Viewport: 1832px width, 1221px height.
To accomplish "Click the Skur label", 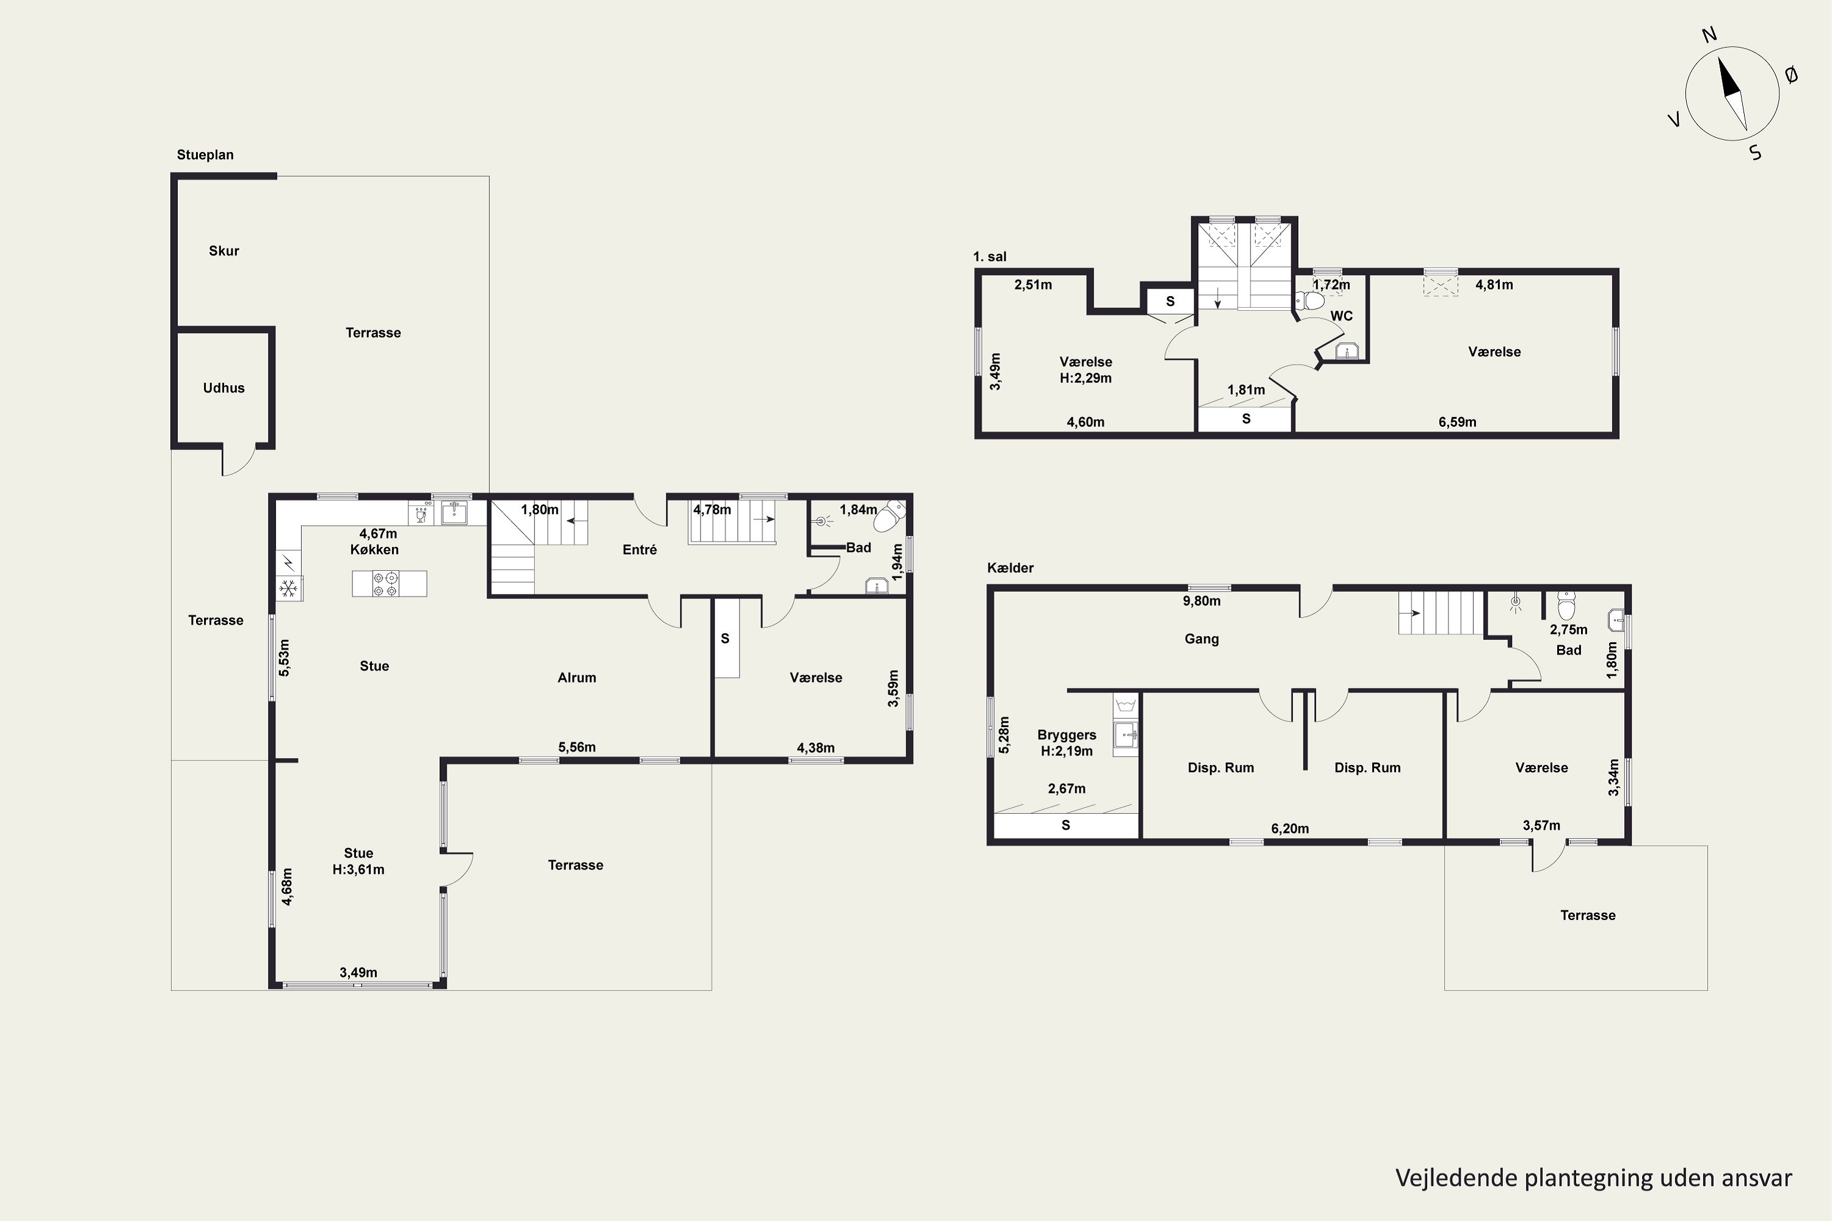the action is (x=224, y=251).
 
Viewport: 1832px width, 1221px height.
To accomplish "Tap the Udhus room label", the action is (x=224, y=388).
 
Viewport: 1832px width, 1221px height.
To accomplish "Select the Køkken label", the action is (x=375, y=550).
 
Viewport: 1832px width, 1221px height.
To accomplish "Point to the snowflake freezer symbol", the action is (x=289, y=589).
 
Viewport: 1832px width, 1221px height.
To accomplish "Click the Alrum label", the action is (x=576, y=678).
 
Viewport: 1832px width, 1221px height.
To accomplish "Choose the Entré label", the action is (x=639, y=550).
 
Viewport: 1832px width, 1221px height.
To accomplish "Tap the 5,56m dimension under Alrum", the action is (x=577, y=747).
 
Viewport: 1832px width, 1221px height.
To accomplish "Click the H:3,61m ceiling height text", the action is (x=358, y=870).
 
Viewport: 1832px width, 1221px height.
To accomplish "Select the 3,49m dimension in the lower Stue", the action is (x=358, y=973).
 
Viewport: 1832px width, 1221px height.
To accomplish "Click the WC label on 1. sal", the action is (x=1341, y=316).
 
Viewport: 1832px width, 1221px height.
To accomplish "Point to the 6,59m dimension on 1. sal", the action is (x=1457, y=422).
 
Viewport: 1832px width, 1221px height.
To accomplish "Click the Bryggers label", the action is (x=1066, y=735).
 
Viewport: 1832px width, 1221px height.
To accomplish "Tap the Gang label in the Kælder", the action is (x=1201, y=639).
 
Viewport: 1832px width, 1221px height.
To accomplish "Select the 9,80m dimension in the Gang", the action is (x=1202, y=601).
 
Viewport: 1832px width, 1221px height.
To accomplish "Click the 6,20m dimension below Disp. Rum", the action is (x=1290, y=828).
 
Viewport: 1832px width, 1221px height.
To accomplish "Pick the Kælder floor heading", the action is (x=1010, y=568).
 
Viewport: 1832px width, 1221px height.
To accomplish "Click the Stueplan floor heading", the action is (x=205, y=155).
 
